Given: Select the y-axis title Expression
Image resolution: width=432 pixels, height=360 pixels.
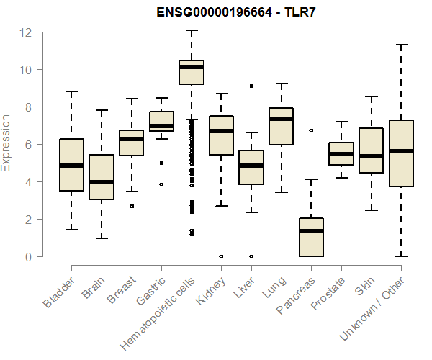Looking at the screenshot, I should tap(6, 143).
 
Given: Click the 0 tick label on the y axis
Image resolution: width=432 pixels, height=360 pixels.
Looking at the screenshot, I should tap(27, 257).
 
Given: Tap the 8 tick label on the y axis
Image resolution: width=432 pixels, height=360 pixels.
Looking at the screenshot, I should tap(27, 107).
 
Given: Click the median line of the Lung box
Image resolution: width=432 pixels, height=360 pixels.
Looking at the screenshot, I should tap(281, 119).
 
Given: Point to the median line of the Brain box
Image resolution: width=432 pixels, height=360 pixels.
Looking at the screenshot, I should tap(102, 182).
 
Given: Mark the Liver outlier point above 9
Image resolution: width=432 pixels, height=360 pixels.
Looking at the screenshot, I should tap(251, 86).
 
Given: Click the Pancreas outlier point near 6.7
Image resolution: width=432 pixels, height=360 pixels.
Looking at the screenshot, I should tap(311, 131).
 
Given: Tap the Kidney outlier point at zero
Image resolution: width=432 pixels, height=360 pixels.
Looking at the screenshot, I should tap(221, 256).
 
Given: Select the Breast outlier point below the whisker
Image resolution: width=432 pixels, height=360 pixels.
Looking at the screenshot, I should tap(131, 206).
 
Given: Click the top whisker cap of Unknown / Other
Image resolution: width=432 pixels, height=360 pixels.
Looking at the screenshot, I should tap(400, 45).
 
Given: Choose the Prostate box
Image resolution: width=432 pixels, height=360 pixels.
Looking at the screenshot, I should tap(341, 153).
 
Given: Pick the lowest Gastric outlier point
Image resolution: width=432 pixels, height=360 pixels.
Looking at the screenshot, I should tap(161, 184).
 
